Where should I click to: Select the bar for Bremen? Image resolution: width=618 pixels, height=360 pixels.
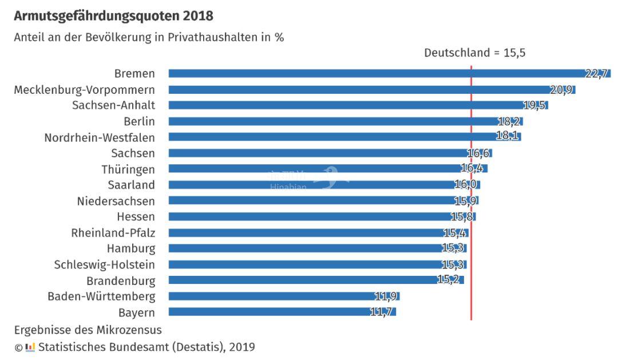378,73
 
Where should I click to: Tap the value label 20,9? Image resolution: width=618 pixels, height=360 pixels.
561,90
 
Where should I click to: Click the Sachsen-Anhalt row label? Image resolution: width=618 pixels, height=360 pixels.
113,105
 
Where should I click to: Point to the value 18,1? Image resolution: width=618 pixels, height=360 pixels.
507,137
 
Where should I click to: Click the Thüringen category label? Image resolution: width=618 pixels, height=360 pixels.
128,169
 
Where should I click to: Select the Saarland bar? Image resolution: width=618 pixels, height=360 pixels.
320,185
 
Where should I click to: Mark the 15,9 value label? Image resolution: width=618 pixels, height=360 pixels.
466,201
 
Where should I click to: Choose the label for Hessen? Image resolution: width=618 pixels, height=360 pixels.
136,217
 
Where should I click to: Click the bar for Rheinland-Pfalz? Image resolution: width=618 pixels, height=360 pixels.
309,233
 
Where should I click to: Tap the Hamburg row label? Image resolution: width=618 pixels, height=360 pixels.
131,249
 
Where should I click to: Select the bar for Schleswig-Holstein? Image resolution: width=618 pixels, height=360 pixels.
309,264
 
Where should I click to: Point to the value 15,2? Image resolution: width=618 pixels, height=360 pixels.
448,280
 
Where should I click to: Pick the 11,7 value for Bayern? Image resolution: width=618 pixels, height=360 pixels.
382,312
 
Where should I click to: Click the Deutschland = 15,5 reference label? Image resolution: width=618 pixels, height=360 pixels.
474,53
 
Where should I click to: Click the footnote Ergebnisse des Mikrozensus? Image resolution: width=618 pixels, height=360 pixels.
88,330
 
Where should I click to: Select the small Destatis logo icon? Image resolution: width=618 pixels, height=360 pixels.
30,347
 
